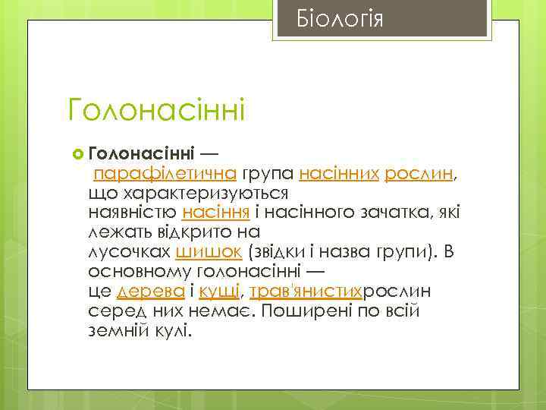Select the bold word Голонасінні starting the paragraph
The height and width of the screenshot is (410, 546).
pyautogui.click(x=142, y=153)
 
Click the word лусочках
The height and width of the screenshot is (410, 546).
pyautogui.click(x=128, y=251)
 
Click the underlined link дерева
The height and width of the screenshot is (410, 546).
pyautogui.click(x=152, y=291)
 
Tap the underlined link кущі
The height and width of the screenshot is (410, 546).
pyautogui.click(x=221, y=291)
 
